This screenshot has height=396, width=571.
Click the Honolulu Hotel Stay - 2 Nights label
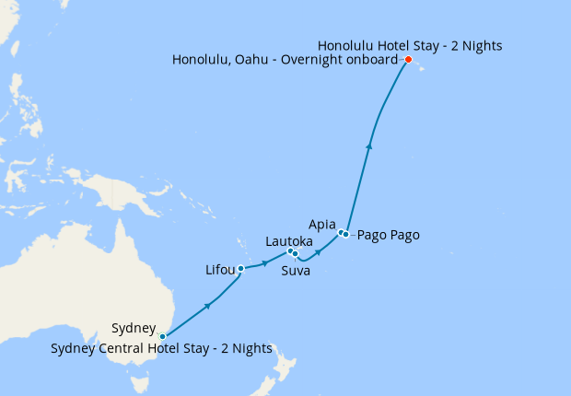click(x=410, y=44)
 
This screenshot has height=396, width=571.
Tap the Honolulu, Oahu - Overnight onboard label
click(x=285, y=60)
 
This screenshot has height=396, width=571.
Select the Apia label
click(x=322, y=224)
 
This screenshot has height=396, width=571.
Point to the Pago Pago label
click(x=388, y=235)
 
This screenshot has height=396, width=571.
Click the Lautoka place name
click(x=290, y=240)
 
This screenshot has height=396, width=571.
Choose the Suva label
click(x=295, y=271)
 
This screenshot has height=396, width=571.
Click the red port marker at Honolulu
click(x=408, y=60)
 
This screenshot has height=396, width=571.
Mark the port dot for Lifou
click(x=240, y=269)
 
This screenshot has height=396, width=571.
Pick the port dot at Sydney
click(x=162, y=336)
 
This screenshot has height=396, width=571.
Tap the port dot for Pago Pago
click(x=346, y=235)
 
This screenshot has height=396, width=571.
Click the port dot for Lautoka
click(x=289, y=250)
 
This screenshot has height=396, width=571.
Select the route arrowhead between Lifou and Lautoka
click(x=266, y=262)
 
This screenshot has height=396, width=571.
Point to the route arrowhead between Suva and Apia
click(x=319, y=250)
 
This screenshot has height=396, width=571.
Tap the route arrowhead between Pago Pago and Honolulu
click(x=369, y=145)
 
